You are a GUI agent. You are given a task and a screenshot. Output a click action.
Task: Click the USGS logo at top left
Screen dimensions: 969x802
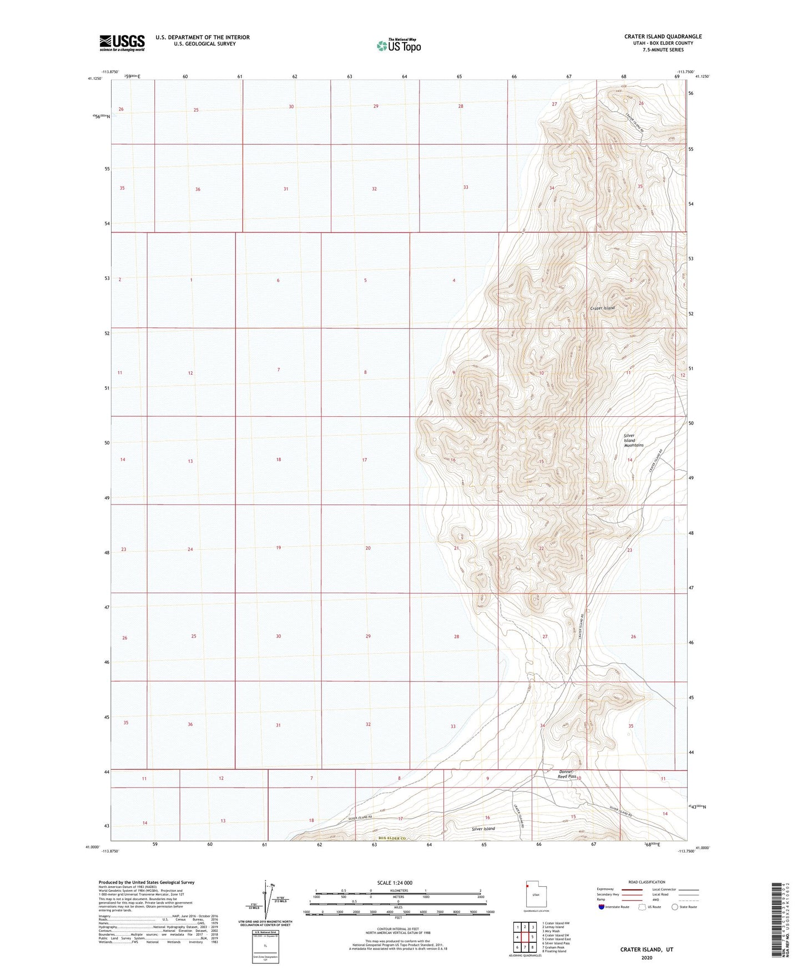point(122,43)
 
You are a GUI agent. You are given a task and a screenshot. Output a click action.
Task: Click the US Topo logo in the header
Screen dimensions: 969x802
point(399,46)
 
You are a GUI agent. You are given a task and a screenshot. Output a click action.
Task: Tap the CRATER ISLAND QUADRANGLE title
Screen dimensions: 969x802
point(663,37)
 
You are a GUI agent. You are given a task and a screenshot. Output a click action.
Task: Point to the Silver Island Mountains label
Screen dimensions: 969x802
point(633,440)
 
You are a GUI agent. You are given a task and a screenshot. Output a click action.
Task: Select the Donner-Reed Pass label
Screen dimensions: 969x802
point(567,774)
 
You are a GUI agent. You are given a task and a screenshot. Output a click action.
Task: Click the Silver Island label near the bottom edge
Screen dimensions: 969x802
point(483,829)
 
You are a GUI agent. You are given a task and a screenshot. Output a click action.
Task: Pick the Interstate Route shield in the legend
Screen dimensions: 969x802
point(603,922)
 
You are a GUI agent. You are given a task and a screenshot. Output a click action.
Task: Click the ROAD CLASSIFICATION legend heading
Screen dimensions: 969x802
point(647,882)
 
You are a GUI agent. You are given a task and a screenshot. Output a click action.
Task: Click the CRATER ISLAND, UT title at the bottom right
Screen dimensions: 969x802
point(647,949)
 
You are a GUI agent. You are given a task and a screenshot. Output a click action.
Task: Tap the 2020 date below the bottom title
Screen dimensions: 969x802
point(647,957)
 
